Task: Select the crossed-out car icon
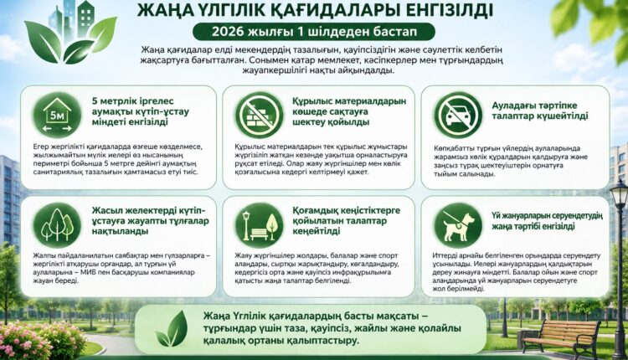point(458,115)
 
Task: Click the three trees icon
point(57,225)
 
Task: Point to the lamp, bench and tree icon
point(259,225)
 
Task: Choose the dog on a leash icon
point(458,225)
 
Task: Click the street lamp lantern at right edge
point(619,195)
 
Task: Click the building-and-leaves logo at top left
point(71,32)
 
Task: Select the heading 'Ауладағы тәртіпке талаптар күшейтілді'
point(539,111)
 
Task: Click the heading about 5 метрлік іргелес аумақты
point(140,111)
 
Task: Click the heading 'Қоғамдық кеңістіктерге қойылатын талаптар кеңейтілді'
point(346,221)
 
